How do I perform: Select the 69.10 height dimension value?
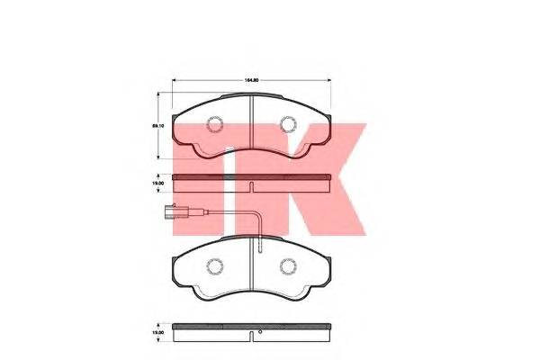pyautogui.click(x=157, y=127)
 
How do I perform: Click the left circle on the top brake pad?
pyautogui.click(x=214, y=125)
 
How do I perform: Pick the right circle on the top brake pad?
pyautogui.click(x=288, y=125)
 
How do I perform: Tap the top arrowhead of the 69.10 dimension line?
pyautogui.click(x=162, y=90)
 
